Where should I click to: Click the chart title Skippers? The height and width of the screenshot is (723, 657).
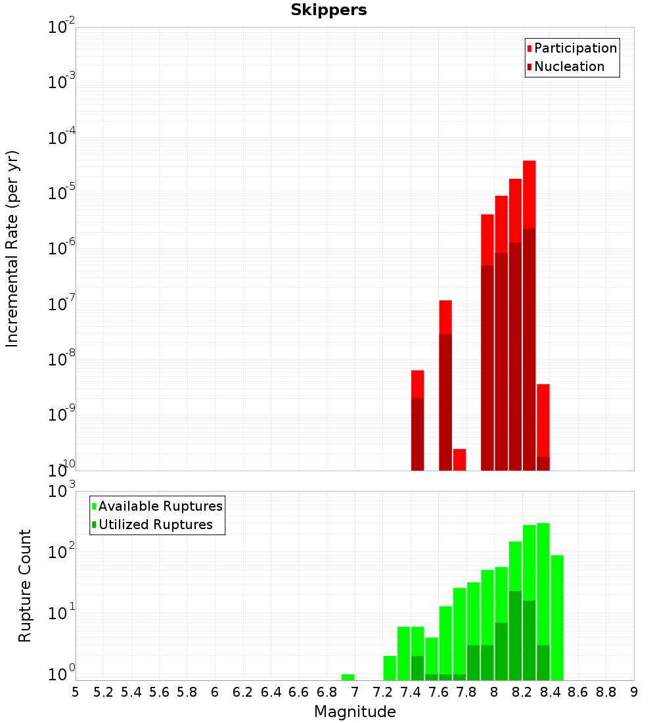tap(328, 10)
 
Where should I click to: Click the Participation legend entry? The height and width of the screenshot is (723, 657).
tap(575, 49)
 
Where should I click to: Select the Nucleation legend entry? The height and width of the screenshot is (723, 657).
tap(568, 67)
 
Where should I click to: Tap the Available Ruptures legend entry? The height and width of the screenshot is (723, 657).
tap(160, 506)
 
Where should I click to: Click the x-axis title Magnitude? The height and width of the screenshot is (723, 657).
tap(355, 712)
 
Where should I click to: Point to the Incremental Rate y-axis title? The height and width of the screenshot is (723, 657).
tap(12, 248)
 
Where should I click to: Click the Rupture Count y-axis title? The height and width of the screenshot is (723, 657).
tap(25, 586)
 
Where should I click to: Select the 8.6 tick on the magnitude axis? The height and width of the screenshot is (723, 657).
tap(578, 692)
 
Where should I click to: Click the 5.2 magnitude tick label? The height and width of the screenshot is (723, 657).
tap(104, 692)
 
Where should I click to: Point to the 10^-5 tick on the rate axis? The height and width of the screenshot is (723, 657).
tap(61, 193)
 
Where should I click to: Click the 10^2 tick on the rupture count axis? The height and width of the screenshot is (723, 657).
tap(61, 551)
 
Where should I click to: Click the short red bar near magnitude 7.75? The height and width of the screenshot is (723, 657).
tap(459, 459)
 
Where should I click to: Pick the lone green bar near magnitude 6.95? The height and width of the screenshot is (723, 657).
tap(348, 677)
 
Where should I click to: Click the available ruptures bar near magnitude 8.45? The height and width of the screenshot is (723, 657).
tap(557, 618)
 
